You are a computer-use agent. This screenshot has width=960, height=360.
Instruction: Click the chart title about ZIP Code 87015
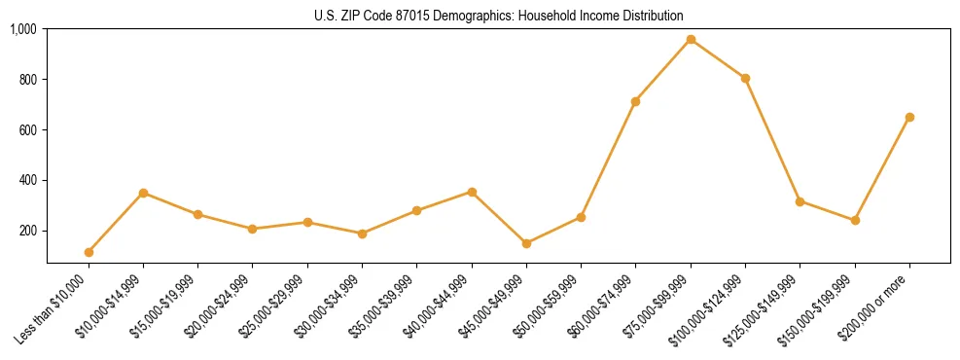point(498,16)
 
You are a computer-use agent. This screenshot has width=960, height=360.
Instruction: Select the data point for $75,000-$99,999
point(691,39)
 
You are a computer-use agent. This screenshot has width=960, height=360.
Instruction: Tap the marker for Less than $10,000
point(89,252)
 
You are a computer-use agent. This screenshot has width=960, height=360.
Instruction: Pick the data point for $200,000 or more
point(909,117)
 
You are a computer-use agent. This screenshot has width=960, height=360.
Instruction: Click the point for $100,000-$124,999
point(745,78)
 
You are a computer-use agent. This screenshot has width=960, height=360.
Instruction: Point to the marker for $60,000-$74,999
point(635,101)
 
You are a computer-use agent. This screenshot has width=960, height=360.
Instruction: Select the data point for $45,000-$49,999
point(526,243)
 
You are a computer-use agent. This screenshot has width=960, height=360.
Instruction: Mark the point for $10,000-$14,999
point(143,193)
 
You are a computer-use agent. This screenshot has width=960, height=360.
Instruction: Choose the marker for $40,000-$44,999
point(472,192)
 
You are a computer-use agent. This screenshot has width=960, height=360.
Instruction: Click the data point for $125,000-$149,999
point(800,201)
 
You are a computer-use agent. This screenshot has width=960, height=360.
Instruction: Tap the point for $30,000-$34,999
point(362,234)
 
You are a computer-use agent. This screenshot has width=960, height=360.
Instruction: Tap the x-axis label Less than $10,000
point(55,306)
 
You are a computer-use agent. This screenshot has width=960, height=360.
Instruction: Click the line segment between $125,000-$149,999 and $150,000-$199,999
point(827,211)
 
